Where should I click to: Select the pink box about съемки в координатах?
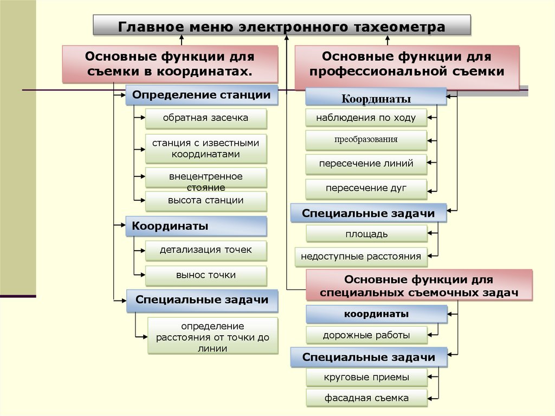tap(170, 64)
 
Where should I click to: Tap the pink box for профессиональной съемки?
tap(406, 64)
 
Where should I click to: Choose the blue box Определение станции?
tap(202, 95)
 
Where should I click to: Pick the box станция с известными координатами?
tap(206, 149)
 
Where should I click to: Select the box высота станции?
tap(206, 201)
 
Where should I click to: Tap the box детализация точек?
tap(206, 250)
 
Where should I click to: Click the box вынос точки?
tap(206, 275)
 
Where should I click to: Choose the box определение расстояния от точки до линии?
tap(212, 336)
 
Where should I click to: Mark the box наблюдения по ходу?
tap(366, 118)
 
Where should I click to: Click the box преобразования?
tap(366, 139)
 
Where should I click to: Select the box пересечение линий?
tap(366, 163)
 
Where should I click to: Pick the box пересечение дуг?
tap(366, 188)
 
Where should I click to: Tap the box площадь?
tap(366, 234)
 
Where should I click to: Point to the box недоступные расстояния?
tap(361, 257)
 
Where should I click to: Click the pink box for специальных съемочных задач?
tap(418, 286)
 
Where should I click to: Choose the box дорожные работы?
tap(366, 335)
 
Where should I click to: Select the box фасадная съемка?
tap(366, 398)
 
